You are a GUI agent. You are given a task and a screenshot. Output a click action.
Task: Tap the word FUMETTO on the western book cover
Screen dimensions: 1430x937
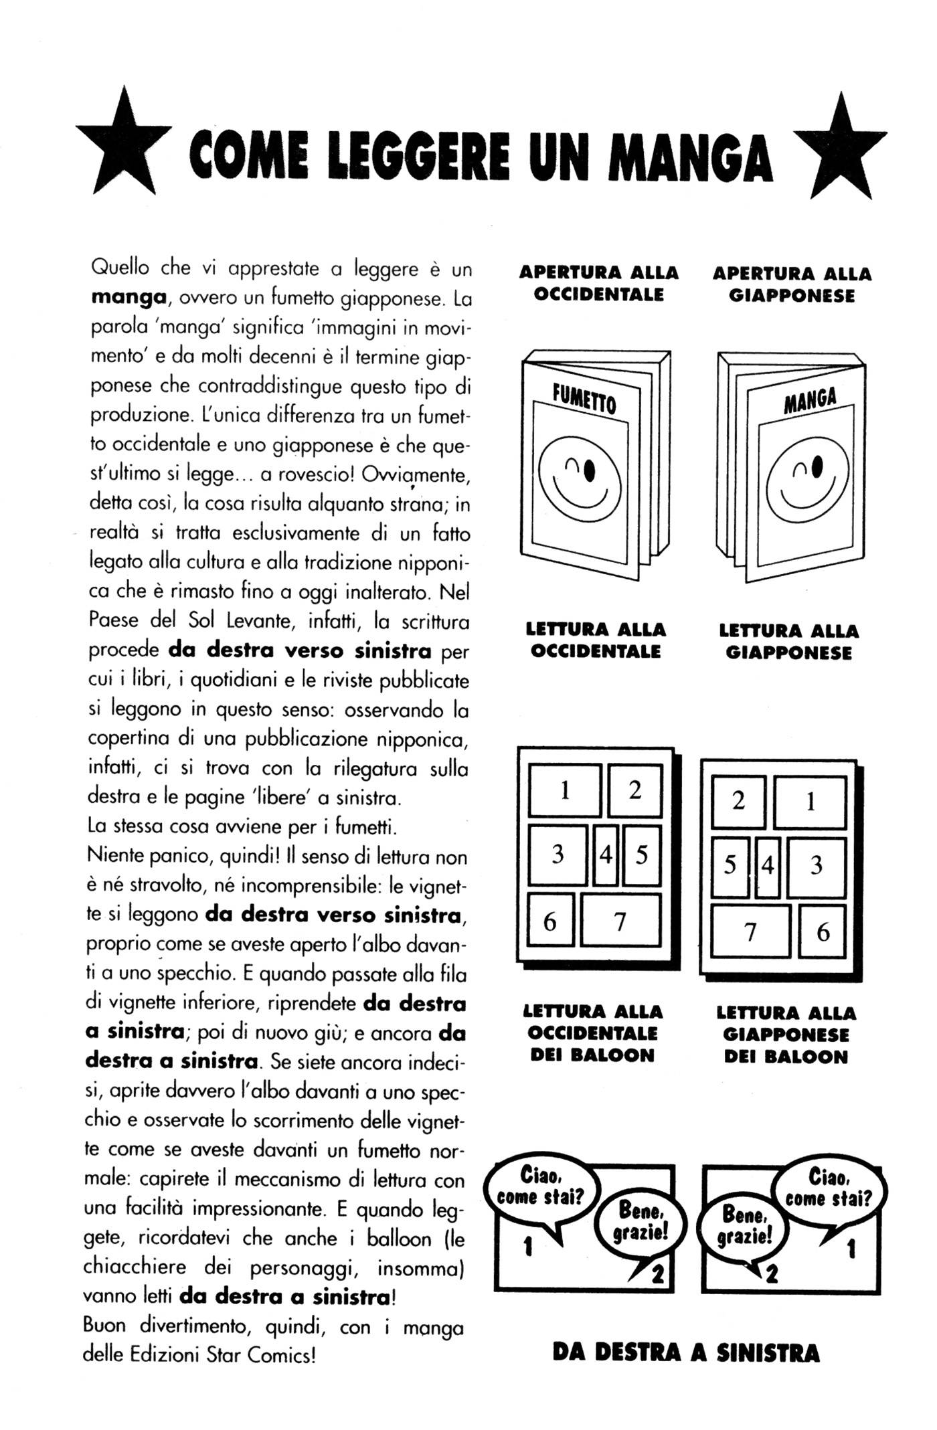coord(584,400)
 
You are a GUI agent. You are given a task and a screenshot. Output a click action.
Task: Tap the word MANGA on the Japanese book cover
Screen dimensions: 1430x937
coord(811,399)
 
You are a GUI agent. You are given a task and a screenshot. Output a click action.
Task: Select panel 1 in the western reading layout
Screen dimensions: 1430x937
coord(564,791)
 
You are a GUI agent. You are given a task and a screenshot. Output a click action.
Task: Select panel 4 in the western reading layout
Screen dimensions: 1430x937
coord(606,855)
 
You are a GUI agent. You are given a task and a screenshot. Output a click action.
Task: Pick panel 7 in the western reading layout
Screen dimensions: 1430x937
coord(620,921)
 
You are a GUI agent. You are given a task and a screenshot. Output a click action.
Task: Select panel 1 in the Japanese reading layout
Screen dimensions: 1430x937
coord(810,801)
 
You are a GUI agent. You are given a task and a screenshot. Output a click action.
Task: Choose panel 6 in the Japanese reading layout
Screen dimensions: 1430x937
coord(823,931)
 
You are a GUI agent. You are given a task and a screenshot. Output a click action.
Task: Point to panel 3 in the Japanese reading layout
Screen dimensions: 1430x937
coord(816,866)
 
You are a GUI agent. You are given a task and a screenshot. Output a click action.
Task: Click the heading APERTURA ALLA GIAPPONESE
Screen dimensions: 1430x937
coord(792,284)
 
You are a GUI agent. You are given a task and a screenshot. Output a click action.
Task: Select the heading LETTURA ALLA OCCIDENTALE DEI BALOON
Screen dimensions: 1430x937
coord(592,1033)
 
